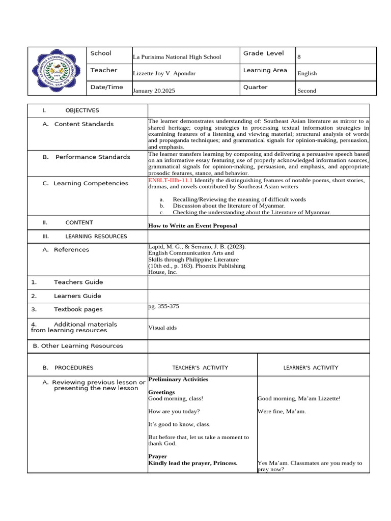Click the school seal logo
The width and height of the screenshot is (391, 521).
pyautogui.click(x=56, y=71)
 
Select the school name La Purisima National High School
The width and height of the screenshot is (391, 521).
pyautogui.click(x=177, y=57)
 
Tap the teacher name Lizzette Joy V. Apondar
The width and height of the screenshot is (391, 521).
pyautogui.click(x=164, y=73)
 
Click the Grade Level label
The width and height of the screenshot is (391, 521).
pyautogui.click(x=263, y=53)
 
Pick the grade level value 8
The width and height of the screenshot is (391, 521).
pyautogui.click(x=299, y=57)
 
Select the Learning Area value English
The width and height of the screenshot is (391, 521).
pyautogui.click(x=307, y=73)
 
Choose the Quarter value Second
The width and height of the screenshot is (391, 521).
pyautogui.click(x=306, y=91)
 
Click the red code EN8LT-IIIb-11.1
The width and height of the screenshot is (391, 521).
pyautogui.click(x=171, y=180)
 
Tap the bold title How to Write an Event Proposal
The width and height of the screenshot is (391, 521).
pyautogui.click(x=192, y=225)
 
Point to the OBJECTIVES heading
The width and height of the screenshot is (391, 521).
pyautogui.click(x=82, y=110)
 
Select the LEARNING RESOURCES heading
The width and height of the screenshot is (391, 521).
pyautogui.click(x=96, y=236)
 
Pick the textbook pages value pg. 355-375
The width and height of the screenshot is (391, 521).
pyautogui.click(x=163, y=306)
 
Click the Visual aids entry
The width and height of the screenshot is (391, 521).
pyautogui.click(x=162, y=328)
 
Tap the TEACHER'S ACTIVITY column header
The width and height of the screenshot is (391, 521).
pyautogui.click(x=200, y=367)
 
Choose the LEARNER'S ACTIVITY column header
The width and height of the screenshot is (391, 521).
pyautogui.click(x=311, y=367)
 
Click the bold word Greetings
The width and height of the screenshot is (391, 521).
pyautogui.click(x=161, y=392)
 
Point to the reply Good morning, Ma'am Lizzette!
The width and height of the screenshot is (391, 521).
pyautogui.click(x=299, y=398)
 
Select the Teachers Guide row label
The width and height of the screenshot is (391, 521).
pyautogui.click(x=78, y=282)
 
